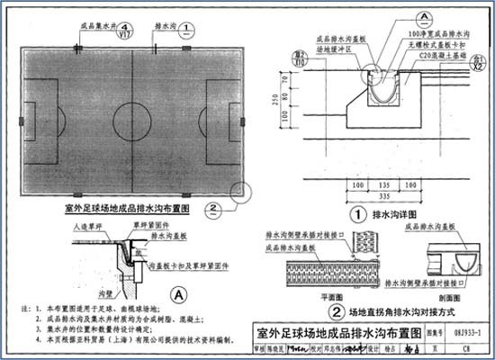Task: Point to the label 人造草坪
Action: tap(86, 229)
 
